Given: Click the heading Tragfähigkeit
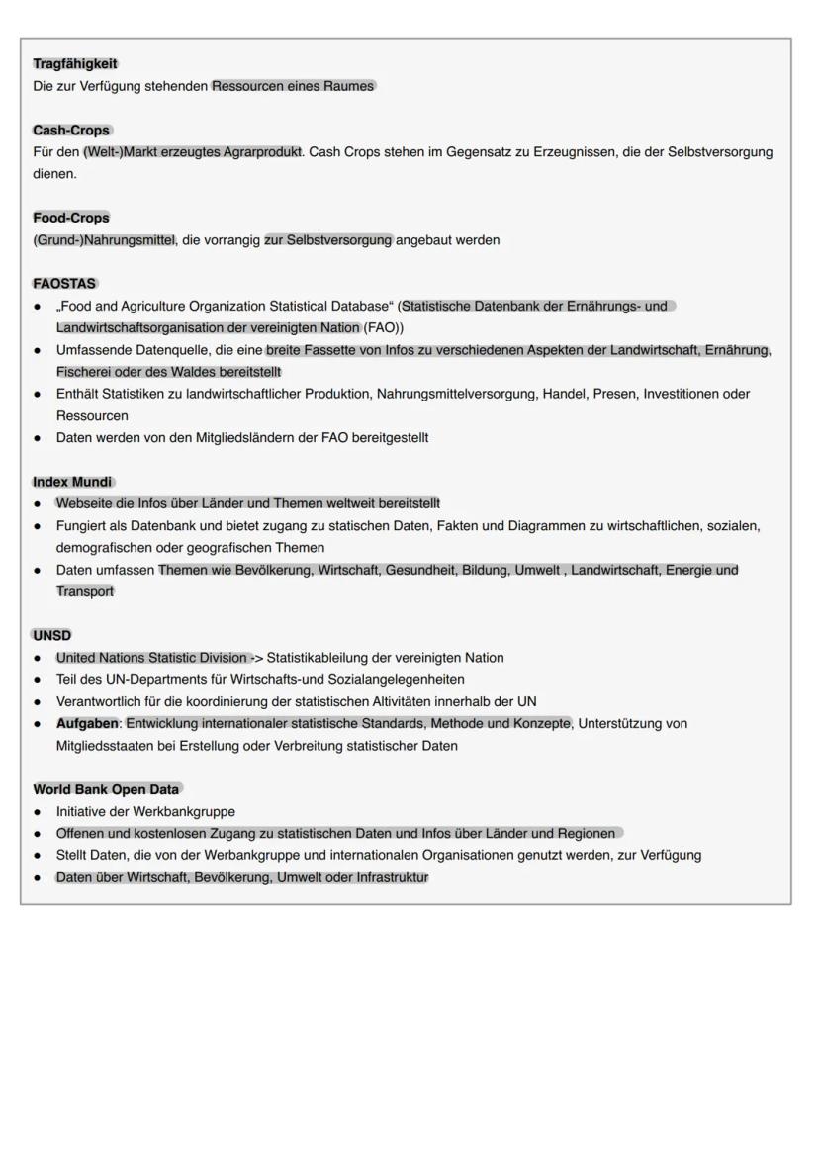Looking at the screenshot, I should tap(75, 64).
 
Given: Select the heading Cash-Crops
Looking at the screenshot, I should tap(71, 131).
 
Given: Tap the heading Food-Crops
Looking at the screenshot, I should tap(71, 218).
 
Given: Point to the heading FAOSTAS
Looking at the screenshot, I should tap(64, 284).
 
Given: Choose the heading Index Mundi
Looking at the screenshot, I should tap(72, 482).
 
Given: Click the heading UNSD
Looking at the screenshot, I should tap(52, 636).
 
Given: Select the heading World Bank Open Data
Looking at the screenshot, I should tap(106, 789).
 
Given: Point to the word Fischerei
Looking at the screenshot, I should tap(85, 372).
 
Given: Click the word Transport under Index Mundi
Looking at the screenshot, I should tap(85, 591).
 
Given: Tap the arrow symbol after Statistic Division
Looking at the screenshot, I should tap(256, 658).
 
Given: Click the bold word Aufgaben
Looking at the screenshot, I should tap(87, 724).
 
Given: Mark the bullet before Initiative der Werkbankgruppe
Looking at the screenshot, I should tap(38, 812).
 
